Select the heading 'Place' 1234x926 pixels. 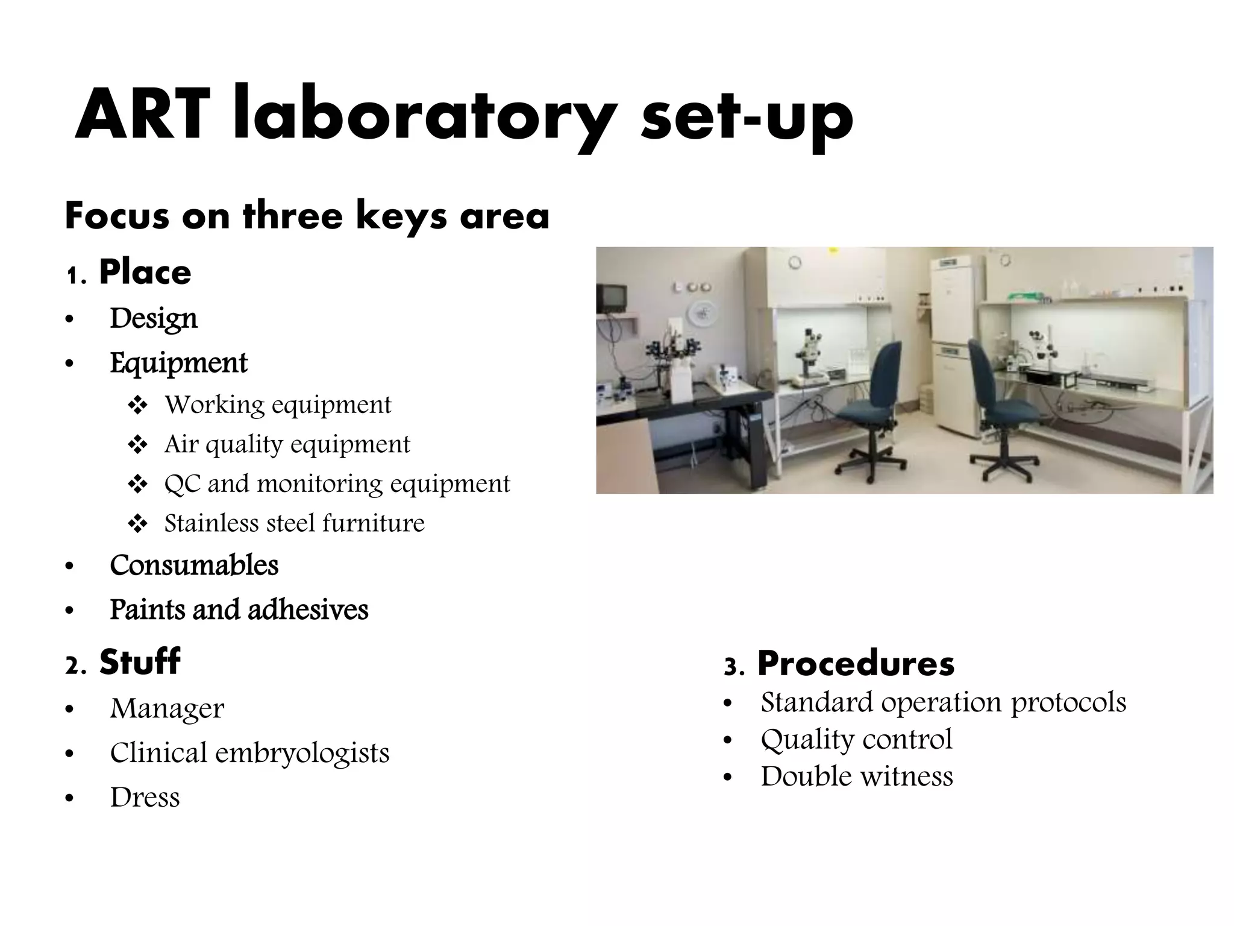[145, 272]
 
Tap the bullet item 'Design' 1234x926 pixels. [153, 318]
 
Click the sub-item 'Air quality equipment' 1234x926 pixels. [287, 444]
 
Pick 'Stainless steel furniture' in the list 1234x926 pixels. [294, 523]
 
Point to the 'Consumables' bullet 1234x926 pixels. [194, 565]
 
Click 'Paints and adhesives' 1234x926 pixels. [239, 609]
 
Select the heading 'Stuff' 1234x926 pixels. [139, 662]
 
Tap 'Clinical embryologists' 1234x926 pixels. [249, 753]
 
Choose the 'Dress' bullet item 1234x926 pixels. [145, 798]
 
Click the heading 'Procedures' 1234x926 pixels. [856, 664]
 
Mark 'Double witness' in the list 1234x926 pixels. [856, 776]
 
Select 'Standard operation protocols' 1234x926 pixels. [943, 702]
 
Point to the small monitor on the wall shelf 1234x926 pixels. [612, 298]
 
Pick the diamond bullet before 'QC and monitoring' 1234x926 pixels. [138, 484]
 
